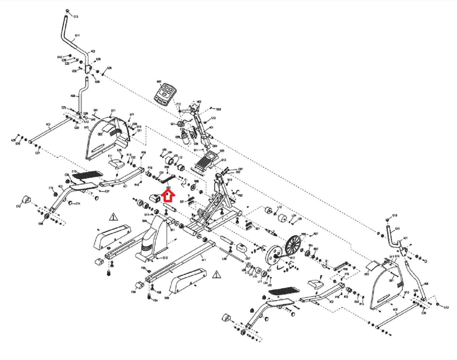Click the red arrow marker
tap(168, 196)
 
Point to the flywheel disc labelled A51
tap(273, 256)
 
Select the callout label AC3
tap(48, 125)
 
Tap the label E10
tap(74, 171)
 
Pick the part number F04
tap(155, 300)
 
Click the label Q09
tap(167, 298)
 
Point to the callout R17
tap(292, 258)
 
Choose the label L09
tap(224, 259)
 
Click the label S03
tap(219, 109)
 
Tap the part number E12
tap(18, 206)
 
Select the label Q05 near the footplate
tap(222, 151)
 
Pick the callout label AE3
tap(60, 187)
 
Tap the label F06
tap(133, 292)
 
